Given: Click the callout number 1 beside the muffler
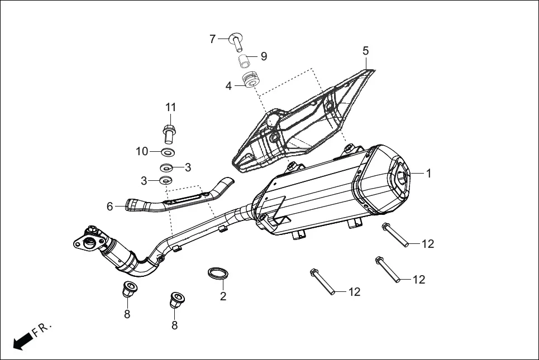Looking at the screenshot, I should coord(428,174).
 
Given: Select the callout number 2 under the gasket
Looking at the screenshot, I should coord(223,296).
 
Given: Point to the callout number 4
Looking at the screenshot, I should coord(228,86).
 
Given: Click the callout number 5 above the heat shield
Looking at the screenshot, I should coord(365,51).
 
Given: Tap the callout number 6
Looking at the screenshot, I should coord(110,207).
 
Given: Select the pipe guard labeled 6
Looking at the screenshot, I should coord(179,198).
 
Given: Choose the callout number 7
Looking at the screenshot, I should coord(212,39).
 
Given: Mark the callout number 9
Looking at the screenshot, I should coord(264,56).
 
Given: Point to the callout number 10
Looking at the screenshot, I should coord(142,151).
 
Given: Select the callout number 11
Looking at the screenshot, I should coord(170,107).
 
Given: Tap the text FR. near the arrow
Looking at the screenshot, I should coord(42,329).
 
